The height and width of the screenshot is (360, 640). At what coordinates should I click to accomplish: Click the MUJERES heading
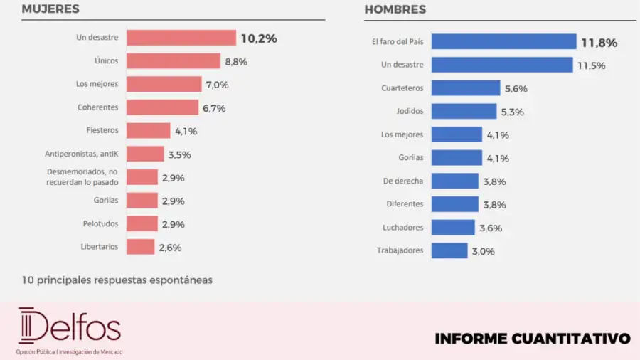click(50, 9)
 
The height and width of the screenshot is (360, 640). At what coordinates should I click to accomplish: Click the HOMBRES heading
click(395, 9)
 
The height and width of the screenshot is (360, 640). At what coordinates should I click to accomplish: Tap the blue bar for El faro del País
click(503, 42)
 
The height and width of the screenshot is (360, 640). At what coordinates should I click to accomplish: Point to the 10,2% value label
click(258, 38)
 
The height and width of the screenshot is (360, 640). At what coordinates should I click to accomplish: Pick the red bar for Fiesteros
click(149, 131)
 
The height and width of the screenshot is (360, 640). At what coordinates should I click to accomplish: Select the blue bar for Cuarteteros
click(466, 88)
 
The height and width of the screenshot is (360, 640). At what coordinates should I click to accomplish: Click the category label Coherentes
click(98, 107)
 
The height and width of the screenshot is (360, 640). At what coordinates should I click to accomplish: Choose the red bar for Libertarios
click(141, 247)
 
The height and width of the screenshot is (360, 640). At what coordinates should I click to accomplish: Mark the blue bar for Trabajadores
click(449, 250)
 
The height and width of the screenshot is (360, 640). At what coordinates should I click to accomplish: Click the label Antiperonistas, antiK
click(81, 154)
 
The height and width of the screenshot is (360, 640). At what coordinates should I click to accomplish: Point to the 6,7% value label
click(214, 108)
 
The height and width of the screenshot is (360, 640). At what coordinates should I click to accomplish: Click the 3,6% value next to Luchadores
click(491, 228)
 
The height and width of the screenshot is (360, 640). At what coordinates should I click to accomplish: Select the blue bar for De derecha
click(455, 181)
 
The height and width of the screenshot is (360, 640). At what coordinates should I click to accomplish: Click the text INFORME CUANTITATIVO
click(532, 338)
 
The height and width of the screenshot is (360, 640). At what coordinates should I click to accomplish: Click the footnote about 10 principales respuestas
click(117, 280)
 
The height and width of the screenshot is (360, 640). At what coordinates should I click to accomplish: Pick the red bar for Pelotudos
click(142, 223)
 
